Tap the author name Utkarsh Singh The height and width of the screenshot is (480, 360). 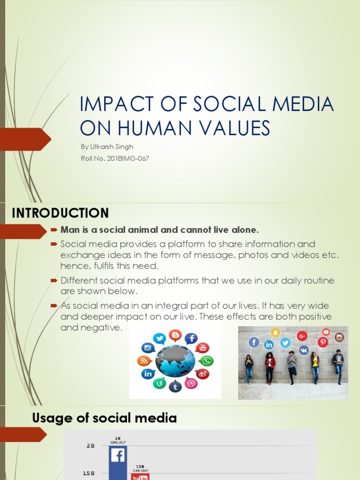click(107, 147)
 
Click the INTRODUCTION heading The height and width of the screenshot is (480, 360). click(60, 213)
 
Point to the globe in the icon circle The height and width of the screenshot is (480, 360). click(175, 361)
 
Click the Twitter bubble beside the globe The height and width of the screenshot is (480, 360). click(159, 338)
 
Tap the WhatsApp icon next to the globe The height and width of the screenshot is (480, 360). click(206, 361)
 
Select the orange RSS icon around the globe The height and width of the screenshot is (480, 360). click(143, 361)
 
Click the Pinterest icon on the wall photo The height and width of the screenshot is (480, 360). click(322, 342)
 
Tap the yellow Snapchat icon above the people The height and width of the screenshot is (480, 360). click(276, 332)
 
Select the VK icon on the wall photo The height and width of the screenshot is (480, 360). click(304, 350)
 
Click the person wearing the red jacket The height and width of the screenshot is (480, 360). click(270, 367)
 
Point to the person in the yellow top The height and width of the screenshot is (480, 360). click(315, 367)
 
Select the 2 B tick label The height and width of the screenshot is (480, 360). click(90, 446)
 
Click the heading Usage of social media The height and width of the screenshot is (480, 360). click(104, 418)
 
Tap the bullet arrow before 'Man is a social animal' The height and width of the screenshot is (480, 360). click(53, 230)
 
